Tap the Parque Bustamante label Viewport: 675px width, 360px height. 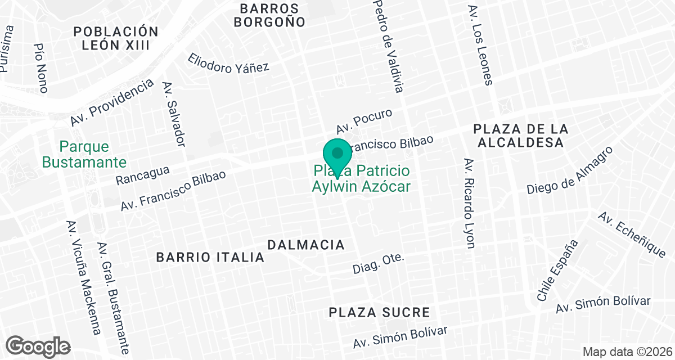tap(84, 155)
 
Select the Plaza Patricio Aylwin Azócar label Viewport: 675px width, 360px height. tap(361, 178)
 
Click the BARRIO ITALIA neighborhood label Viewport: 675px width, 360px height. tap(210, 257)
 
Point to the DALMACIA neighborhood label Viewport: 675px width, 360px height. tap(306, 245)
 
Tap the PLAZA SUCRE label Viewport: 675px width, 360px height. tap(380, 312)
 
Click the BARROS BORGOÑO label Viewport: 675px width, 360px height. tap(269, 15)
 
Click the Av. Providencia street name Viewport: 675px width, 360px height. tap(112, 102)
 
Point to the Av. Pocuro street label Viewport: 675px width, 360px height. tap(364, 120)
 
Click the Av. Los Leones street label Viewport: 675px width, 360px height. tap(480, 46)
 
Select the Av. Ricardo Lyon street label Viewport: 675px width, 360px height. tap(469, 202)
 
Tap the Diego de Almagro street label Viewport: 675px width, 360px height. tap(569, 170)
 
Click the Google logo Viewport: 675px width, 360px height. tap(38, 345)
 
